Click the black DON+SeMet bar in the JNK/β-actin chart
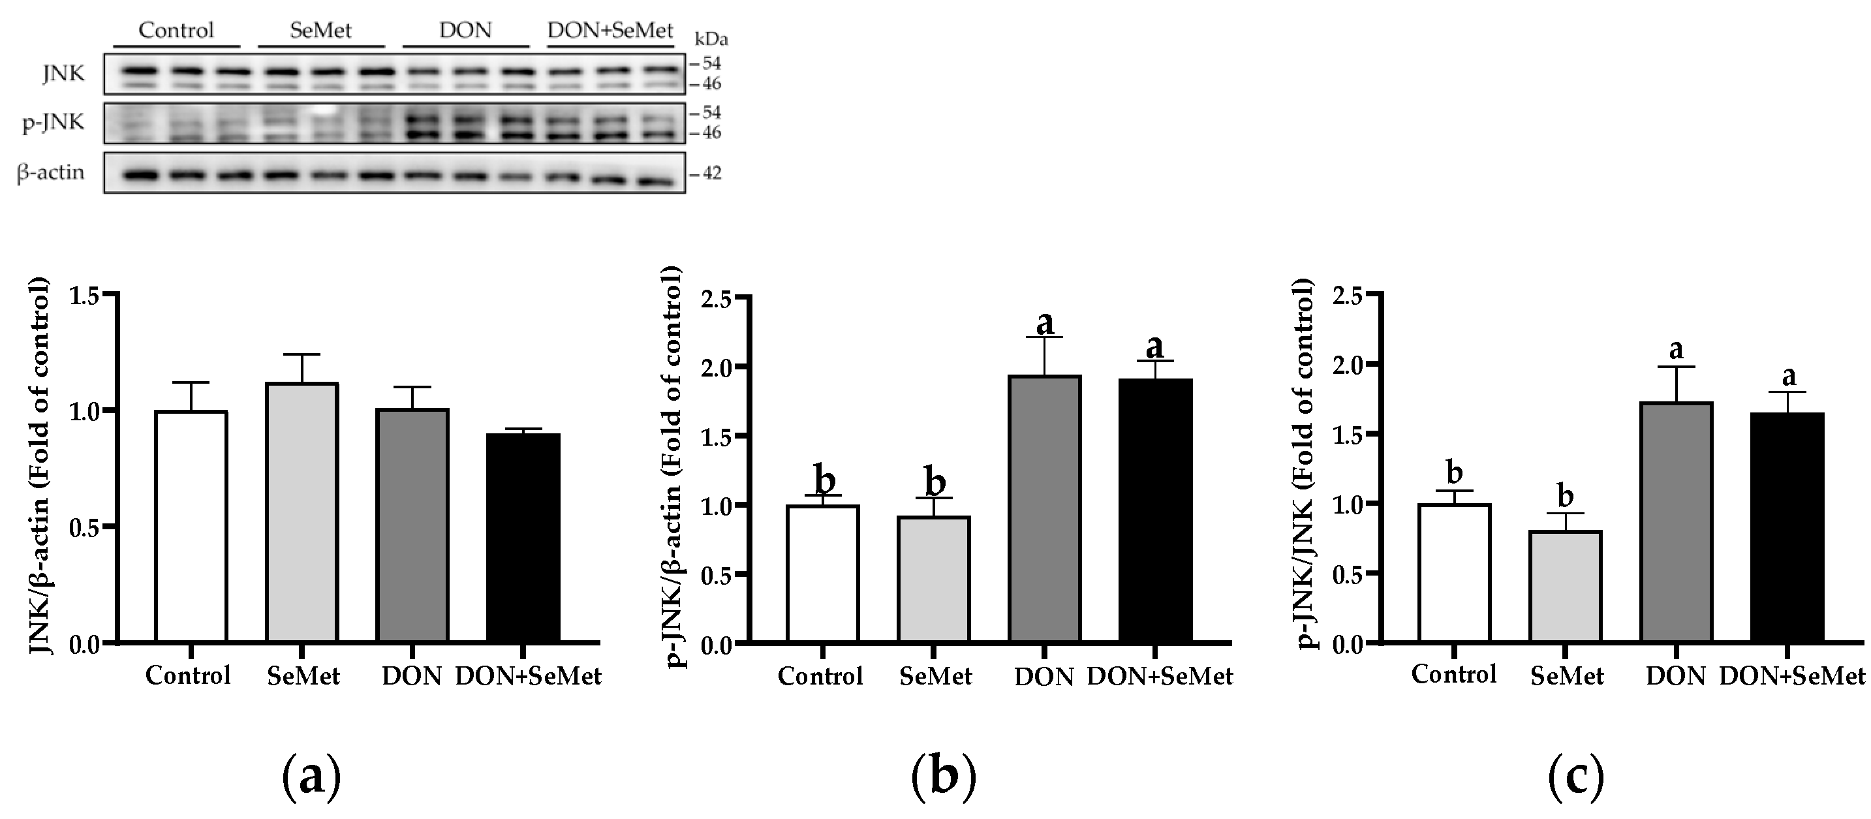(x=523, y=537)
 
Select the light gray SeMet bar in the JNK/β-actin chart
(x=302, y=512)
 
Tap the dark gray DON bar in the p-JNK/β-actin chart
(x=1044, y=508)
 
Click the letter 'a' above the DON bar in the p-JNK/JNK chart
(x=1677, y=350)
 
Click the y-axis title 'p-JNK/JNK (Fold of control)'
(x=1305, y=465)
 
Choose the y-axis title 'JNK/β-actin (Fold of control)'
(x=40, y=465)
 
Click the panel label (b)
(x=943, y=777)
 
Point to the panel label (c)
(x=1576, y=777)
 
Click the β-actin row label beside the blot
(x=50, y=173)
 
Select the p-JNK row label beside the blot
(x=53, y=122)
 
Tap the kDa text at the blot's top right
(x=711, y=39)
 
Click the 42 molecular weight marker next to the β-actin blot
(x=711, y=174)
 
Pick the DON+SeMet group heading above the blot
(x=610, y=31)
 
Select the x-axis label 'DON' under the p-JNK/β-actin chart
(x=1044, y=677)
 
